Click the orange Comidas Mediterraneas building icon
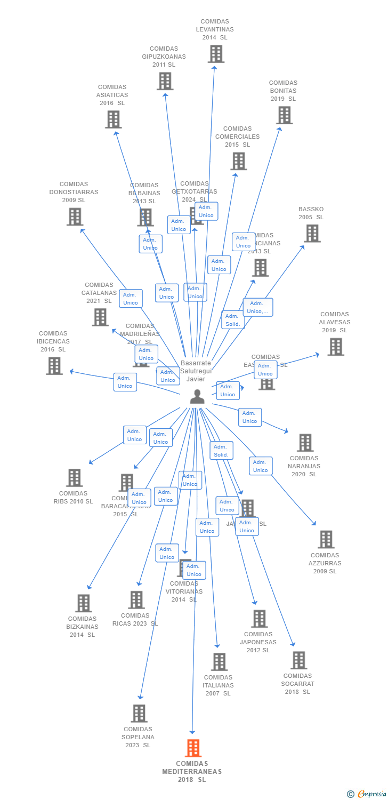[193, 748]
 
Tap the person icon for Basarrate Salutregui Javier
[197, 396]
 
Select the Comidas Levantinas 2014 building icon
[216, 54]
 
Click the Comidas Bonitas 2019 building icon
[284, 115]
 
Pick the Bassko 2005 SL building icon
[312, 233]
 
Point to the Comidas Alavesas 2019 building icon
[335, 347]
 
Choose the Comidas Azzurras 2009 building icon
[326, 539]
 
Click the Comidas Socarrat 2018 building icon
[298, 660]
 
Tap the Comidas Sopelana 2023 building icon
[139, 713]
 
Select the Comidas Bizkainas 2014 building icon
[83, 603]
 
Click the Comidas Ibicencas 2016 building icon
[54, 366]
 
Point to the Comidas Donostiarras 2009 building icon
[75, 217]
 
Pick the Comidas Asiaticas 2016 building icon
[113, 119]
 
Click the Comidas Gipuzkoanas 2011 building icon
[165, 81]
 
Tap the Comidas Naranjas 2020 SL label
[304, 466]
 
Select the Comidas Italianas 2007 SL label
[218, 685]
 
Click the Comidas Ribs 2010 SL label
[73, 497]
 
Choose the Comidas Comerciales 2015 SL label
[237, 137]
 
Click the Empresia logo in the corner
[367, 794]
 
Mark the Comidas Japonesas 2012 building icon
[259, 619]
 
